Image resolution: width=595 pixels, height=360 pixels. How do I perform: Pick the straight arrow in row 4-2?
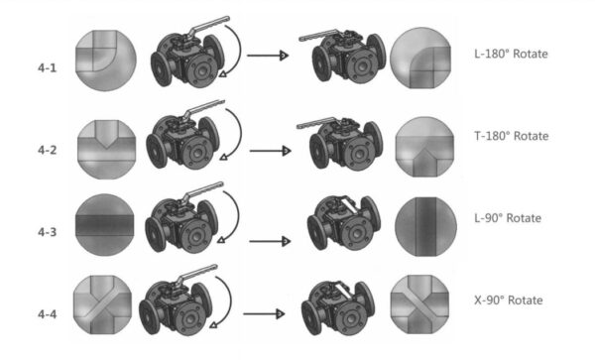click(268, 152)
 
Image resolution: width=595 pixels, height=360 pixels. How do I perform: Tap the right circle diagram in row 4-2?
click(424, 145)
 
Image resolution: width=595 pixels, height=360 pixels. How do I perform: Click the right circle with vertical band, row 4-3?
click(424, 227)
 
